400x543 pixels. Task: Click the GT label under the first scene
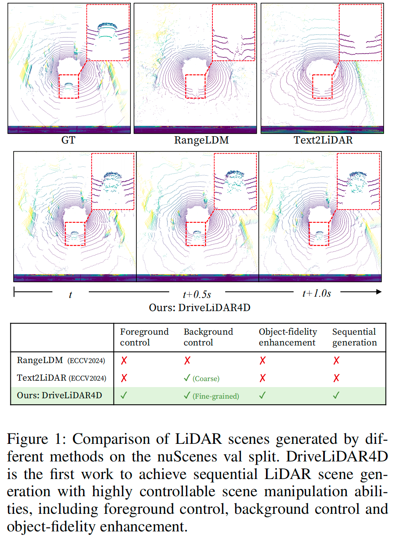click(x=68, y=140)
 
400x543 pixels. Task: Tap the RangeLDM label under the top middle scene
click(x=201, y=140)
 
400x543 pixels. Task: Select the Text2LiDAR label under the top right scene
click(x=323, y=140)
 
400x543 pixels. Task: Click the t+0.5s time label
click(x=197, y=295)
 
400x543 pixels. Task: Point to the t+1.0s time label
click(x=317, y=293)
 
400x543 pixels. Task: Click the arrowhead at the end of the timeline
click(x=378, y=292)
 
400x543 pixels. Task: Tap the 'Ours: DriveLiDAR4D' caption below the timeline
click(x=200, y=307)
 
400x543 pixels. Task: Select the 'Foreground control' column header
click(x=144, y=337)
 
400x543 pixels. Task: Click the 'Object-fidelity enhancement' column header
click(x=288, y=337)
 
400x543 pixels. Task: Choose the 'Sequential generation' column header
click(x=354, y=337)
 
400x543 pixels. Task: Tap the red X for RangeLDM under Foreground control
click(x=124, y=360)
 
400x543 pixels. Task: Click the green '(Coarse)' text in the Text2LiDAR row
click(x=206, y=379)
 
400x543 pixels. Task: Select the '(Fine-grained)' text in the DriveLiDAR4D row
click(x=216, y=396)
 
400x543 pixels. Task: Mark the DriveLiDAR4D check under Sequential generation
click(x=336, y=395)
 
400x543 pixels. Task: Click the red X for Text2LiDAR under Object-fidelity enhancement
click(x=262, y=378)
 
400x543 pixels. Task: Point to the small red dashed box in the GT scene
click(x=69, y=86)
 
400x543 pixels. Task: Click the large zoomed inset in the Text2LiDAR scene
click(x=360, y=33)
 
